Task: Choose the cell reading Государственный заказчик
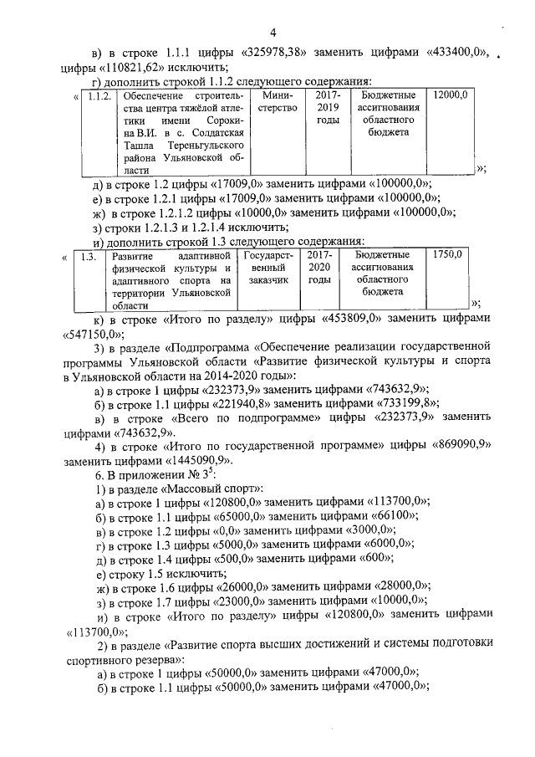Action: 267,268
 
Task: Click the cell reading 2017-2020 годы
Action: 319,268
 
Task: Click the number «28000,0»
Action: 397,588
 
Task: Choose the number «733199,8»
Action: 395,402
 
